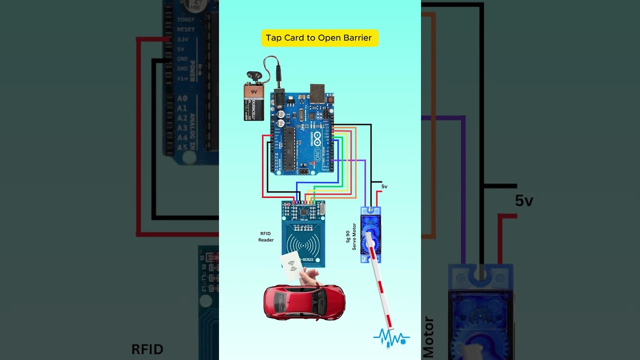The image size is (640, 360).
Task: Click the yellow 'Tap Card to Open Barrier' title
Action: (319, 38)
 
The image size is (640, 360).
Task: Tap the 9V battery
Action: (253, 102)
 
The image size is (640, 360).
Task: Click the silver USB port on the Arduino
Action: (317, 93)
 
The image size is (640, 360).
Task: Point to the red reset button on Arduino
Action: (330, 99)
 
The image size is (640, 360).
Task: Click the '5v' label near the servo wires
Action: (384, 186)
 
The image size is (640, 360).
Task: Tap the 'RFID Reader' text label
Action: (265, 236)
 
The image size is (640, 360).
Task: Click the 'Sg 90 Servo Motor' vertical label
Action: (351, 236)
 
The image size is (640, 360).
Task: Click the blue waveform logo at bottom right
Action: (391, 337)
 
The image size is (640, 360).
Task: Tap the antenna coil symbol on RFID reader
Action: (303, 244)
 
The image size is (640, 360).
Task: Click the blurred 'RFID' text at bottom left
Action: (147, 349)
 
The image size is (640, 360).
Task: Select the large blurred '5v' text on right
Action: (524, 201)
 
